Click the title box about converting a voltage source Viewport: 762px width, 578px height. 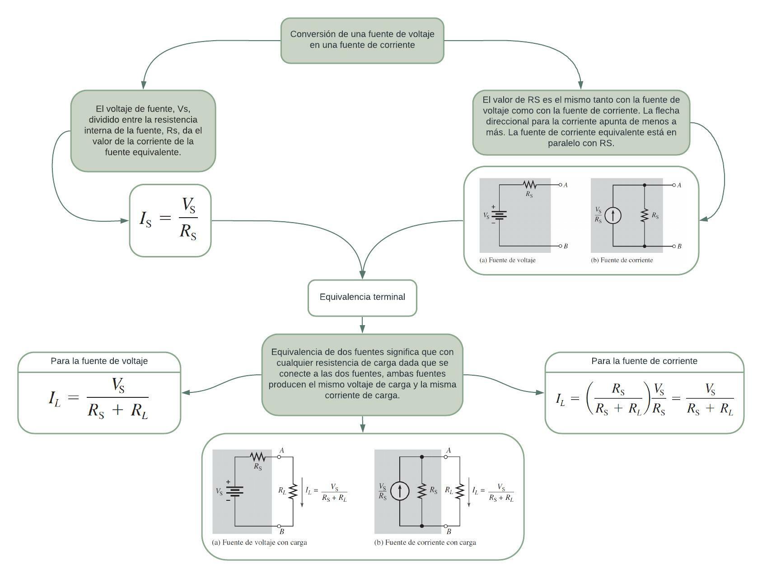(362, 40)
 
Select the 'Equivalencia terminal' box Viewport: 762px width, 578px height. (362, 297)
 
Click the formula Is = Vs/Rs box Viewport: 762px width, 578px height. (170, 220)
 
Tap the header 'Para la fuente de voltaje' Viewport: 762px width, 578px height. (99, 361)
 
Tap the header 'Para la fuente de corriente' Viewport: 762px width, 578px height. (644, 361)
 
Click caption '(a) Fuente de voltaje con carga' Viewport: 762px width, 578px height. (259, 542)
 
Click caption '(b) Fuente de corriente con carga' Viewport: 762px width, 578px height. (425, 542)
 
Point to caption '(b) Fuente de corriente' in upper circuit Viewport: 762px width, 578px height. (622, 260)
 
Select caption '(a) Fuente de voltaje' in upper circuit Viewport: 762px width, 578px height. (507, 260)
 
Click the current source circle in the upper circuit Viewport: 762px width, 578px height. (613, 215)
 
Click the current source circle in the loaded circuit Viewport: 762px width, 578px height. (400, 491)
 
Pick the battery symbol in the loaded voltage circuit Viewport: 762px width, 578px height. (234, 491)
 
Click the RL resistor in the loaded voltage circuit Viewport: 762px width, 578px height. (293, 491)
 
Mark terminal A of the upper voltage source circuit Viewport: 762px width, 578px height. (561, 185)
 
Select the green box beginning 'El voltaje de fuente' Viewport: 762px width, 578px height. (143, 131)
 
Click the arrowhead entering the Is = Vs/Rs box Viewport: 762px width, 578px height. (125, 220)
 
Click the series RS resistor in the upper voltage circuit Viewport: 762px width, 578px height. (529, 184)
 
